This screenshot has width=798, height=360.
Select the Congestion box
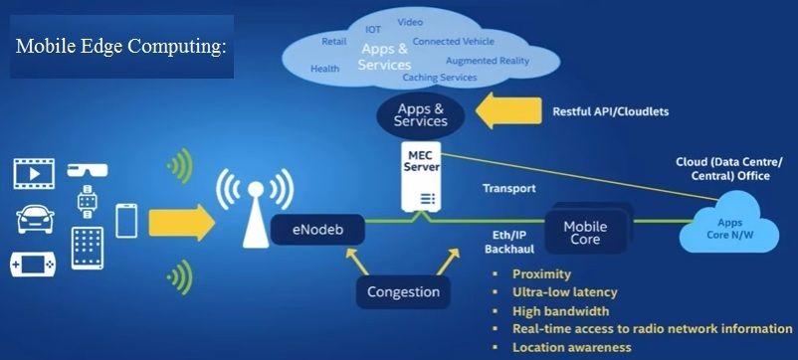click(403, 292)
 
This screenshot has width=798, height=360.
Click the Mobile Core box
click(585, 233)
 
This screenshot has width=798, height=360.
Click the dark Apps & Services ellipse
click(421, 114)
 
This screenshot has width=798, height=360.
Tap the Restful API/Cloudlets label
click(610, 111)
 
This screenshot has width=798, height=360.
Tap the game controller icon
click(33, 265)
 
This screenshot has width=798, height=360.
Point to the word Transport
click(508, 188)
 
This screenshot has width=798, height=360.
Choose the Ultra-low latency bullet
click(564, 292)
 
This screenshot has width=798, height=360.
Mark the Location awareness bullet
click(571, 347)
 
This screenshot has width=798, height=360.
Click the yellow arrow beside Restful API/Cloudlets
click(508, 111)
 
